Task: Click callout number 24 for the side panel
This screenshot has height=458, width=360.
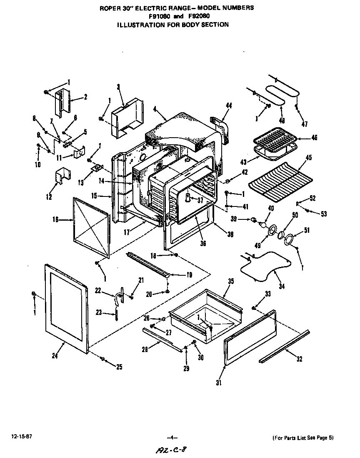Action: [x=55, y=355]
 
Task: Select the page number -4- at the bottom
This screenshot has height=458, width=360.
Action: [x=172, y=438]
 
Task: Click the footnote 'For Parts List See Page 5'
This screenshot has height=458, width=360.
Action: [x=303, y=438]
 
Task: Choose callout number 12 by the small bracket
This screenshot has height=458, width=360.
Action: [x=50, y=197]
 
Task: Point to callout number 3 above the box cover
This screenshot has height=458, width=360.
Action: [x=118, y=86]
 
